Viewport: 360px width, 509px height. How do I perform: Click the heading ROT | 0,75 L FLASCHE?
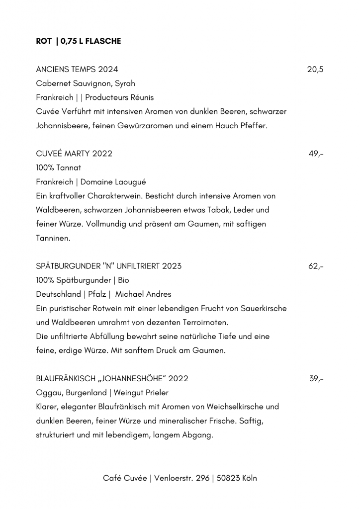pos(78,41)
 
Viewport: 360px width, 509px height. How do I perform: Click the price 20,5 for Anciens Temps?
pos(315,69)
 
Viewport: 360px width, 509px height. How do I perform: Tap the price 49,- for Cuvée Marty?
pos(316,154)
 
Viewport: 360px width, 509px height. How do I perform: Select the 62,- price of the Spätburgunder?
pos(316,266)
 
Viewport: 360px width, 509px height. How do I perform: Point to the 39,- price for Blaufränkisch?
pos(316,379)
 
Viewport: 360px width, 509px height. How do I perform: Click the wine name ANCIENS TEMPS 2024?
pos(77,69)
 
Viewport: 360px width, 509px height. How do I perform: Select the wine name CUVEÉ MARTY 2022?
pos(74,154)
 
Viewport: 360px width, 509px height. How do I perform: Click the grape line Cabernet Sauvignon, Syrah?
pos(86,84)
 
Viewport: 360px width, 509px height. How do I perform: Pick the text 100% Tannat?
pos(59,168)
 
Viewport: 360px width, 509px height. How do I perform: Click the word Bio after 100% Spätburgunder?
pos(123,280)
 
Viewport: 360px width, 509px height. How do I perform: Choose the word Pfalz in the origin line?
pos(98,294)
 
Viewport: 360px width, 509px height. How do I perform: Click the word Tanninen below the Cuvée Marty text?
pos(54,238)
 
